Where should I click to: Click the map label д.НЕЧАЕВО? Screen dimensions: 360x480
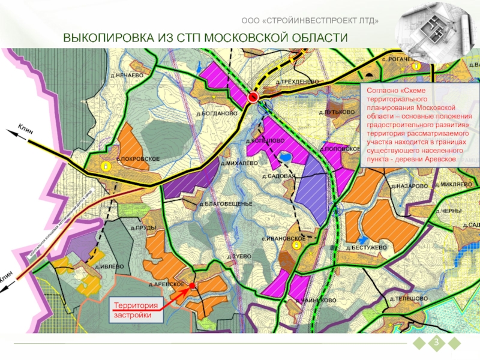click(127, 75)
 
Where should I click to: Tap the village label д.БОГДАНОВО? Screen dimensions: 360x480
click(217, 113)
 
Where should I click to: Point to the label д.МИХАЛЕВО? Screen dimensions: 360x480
click(239, 163)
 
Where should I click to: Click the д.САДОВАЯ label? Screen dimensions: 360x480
click(279, 176)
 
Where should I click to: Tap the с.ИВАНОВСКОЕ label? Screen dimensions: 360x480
click(283, 238)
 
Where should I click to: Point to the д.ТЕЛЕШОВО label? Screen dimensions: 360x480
click(409, 298)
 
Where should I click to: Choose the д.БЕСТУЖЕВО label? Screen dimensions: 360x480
click(366, 247)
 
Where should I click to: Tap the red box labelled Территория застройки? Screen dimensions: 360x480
click(136, 310)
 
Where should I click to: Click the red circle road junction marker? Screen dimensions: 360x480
click(253, 96)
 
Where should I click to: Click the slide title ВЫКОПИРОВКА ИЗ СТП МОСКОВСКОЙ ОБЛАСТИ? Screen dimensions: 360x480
click(206, 38)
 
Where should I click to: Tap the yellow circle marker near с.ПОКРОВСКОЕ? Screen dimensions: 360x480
click(105, 166)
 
